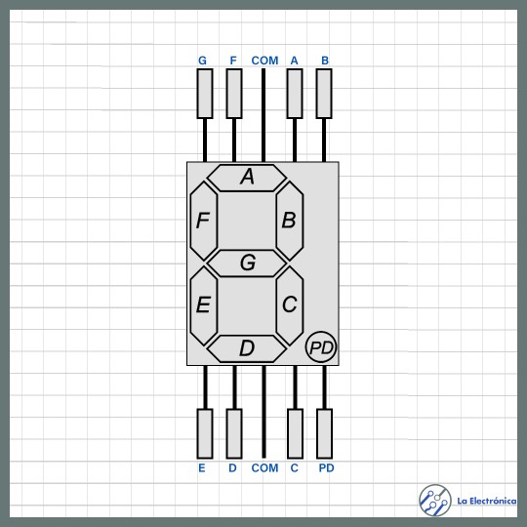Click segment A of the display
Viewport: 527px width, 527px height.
tap(247, 179)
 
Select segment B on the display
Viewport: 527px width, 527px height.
tap(290, 221)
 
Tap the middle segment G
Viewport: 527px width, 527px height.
tap(247, 263)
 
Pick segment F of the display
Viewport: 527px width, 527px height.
tap(204, 221)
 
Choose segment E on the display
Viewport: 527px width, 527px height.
tap(204, 305)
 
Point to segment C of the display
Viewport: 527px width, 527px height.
tap(290, 305)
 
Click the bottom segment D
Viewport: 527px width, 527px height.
tap(247, 348)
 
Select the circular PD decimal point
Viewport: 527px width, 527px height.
tap(321, 346)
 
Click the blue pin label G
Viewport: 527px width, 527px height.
tap(202, 61)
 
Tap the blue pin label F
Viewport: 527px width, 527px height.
tap(233, 61)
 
